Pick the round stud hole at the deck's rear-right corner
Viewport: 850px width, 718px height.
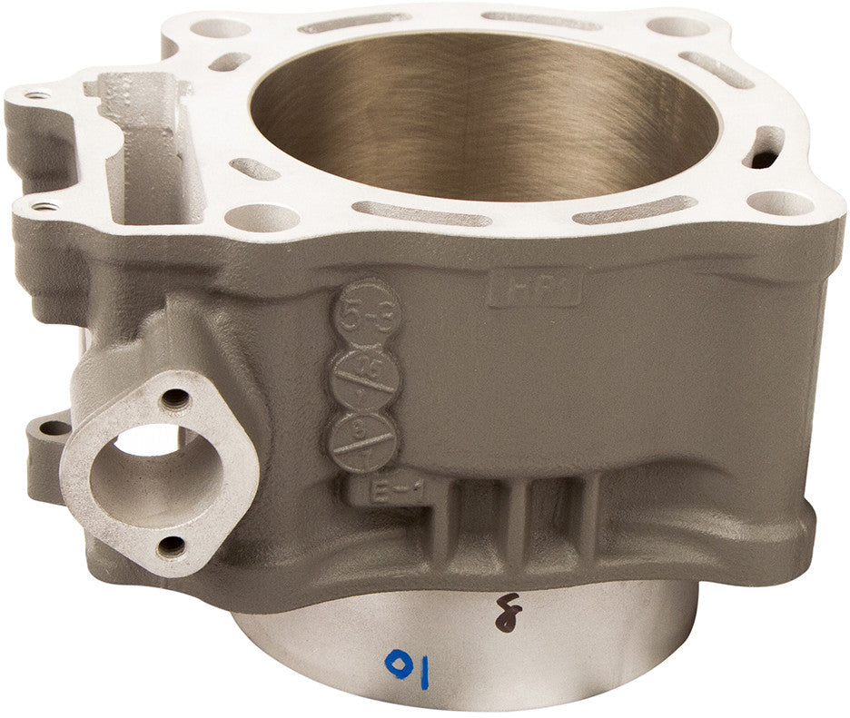coord(677,26)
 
